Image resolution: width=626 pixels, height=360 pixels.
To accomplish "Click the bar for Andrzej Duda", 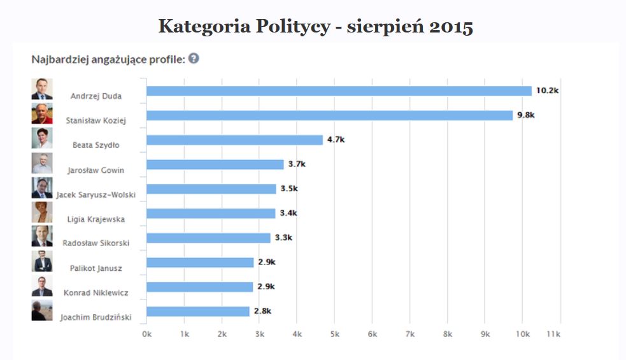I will pyautogui.click(x=339, y=91).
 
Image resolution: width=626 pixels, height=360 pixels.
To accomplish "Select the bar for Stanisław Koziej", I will pyautogui.click(x=329, y=115).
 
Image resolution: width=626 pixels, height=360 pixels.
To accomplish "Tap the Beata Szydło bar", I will pyautogui.click(x=234, y=140).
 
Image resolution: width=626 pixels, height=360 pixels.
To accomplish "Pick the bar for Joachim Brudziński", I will pyautogui.click(x=198, y=312).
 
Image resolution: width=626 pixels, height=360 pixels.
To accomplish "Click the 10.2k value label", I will pyautogui.click(x=547, y=90).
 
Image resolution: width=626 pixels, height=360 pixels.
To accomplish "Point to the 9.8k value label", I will pyautogui.click(x=525, y=115).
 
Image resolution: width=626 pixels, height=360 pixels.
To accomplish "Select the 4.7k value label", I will pyautogui.click(x=336, y=140).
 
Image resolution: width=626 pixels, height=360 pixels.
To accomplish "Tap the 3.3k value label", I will pyautogui.click(x=283, y=238).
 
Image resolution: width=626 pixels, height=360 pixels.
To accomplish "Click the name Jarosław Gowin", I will pyautogui.click(x=96, y=170).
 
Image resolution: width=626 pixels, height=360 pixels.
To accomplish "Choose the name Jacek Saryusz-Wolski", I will pyautogui.click(x=96, y=194).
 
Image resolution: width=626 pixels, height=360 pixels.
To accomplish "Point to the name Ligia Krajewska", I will pyautogui.click(x=96, y=219).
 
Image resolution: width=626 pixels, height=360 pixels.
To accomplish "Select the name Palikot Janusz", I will pyautogui.click(x=97, y=268).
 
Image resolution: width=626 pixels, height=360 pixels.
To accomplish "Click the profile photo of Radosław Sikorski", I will pyautogui.click(x=42, y=236).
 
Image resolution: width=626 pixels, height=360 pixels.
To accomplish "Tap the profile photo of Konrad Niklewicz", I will pyautogui.click(x=42, y=285).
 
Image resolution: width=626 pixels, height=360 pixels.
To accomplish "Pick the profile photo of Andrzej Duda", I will pyautogui.click(x=42, y=89).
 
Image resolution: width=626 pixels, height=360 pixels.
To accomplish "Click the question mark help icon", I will pyautogui.click(x=194, y=58).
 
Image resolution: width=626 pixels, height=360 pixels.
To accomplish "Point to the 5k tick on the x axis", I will pyautogui.click(x=334, y=335).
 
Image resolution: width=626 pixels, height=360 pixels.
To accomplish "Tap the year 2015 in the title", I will pyautogui.click(x=450, y=27).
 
